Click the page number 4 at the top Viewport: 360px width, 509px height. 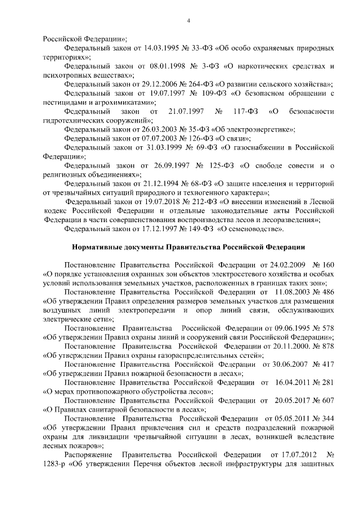click(x=188, y=21)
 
